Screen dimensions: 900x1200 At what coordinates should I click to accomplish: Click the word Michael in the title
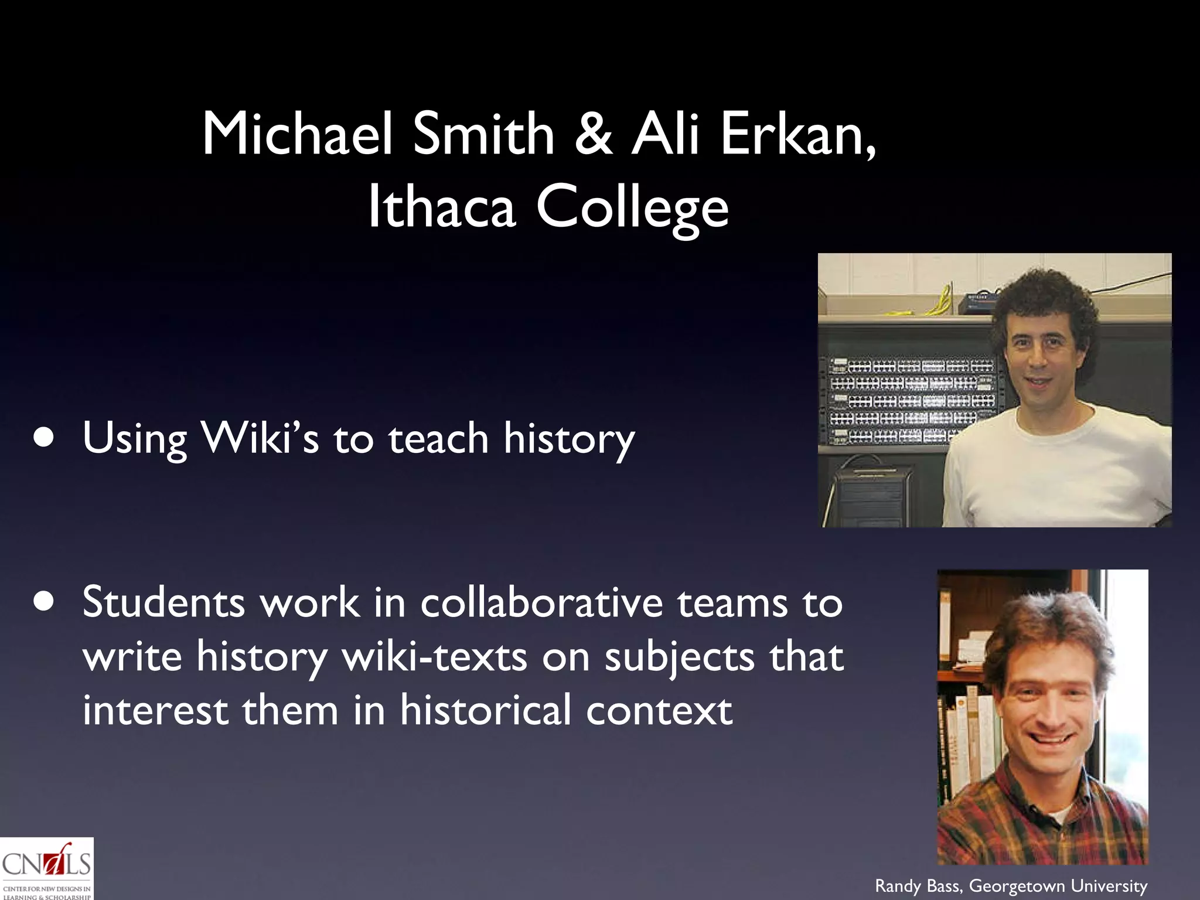pyautogui.click(x=296, y=135)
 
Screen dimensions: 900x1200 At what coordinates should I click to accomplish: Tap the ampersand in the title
pyautogui.click(x=593, y=135)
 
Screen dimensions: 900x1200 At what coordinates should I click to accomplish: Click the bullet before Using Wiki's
pyautogui.click(x=45, y=438)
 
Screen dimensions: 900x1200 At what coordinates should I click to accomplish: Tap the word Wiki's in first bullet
pyautogui.click(x=260, y=438)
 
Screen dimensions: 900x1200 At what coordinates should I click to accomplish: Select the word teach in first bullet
pyautogui.click(x=438, y=438)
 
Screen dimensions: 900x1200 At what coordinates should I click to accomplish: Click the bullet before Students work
pyautogui.click(x=45, y=602)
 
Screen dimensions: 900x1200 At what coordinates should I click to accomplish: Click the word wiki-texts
pyautogui.click(x=434, y=657)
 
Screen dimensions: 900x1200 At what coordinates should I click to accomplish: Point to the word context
pyautogui.click(x=659, y=711)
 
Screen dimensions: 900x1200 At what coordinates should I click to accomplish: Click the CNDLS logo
pyautogui.click(x=46, y=868)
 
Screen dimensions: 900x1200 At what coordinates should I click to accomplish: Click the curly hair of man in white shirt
pyautogui.click(x=1043, y=296)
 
